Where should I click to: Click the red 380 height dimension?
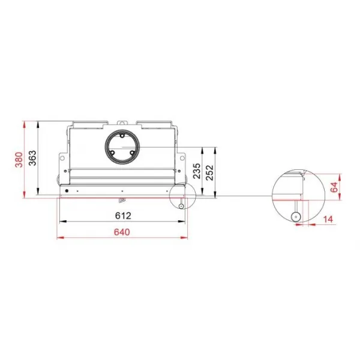click(19, 160)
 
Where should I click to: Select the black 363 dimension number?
click(32, 158)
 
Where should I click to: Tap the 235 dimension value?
click(197, 171)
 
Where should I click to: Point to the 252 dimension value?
click(209, 173)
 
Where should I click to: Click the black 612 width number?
click(123, 215)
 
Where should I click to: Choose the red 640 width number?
click(122, 232)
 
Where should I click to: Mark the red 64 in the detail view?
click(334, 187)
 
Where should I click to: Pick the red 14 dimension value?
click(328, 219)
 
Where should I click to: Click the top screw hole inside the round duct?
click(122, 136)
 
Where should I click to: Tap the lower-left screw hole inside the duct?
click(112, 152)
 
